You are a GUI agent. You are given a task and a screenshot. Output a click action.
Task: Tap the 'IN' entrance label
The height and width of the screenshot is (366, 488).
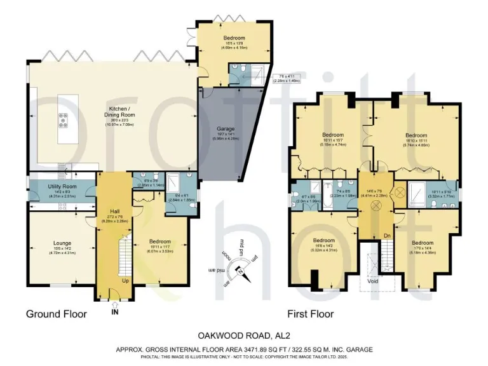[114, 313]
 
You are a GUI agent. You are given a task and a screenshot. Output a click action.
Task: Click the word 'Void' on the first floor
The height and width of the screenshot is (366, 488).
[373, 278]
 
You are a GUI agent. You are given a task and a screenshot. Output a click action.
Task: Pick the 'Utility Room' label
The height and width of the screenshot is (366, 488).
[61, 185]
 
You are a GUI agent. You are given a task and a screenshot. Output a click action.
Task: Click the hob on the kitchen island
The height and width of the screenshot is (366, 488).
[64, 119]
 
